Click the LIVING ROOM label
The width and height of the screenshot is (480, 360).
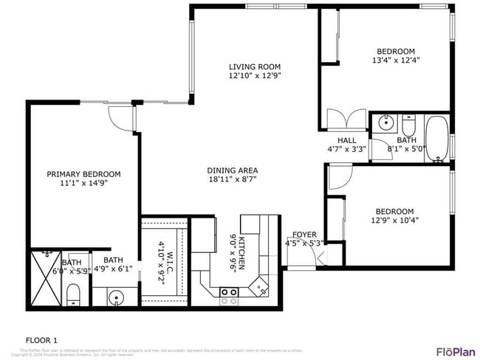coord(255,66)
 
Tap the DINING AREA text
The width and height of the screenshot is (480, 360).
coord(232,170)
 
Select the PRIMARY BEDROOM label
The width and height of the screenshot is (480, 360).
coord(83,174)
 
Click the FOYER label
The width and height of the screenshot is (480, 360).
coord(304,235)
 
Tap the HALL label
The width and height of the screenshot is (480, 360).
coord(346,140)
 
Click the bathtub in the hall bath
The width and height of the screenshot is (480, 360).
coord(437,138)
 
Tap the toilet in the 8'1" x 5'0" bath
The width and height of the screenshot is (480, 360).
coord(408,122)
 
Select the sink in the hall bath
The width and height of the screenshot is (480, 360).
coord(383,122)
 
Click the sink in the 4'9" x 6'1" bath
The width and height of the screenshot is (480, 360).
coord(115,298)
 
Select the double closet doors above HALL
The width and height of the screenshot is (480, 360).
coord(346,119)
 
